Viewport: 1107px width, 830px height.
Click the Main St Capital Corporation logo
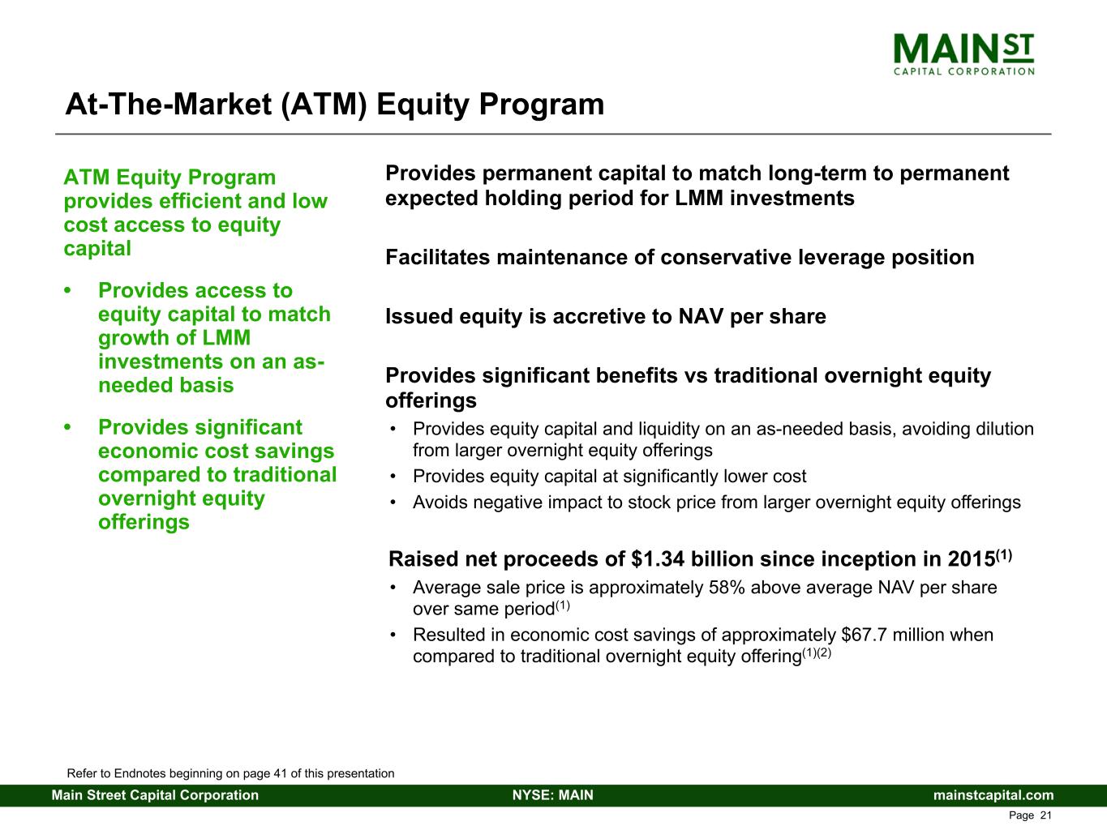(963, 54)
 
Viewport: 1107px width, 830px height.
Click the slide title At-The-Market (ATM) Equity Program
(335, 105)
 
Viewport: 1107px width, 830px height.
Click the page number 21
(1045, 815)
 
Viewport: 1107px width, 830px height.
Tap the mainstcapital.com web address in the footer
(993, 795)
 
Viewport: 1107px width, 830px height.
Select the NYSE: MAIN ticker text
(553, 795)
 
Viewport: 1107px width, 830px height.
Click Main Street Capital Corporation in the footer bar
(155, 795)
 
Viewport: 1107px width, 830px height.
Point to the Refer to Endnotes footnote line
(230, 773)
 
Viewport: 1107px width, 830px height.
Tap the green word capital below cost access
(97, 249)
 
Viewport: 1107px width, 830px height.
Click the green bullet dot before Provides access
(67, 291)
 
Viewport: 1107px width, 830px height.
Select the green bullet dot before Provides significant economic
(67, 427)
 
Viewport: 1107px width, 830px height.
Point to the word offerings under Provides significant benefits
(431, 401)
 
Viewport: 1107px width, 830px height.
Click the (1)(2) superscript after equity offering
(817, 652)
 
